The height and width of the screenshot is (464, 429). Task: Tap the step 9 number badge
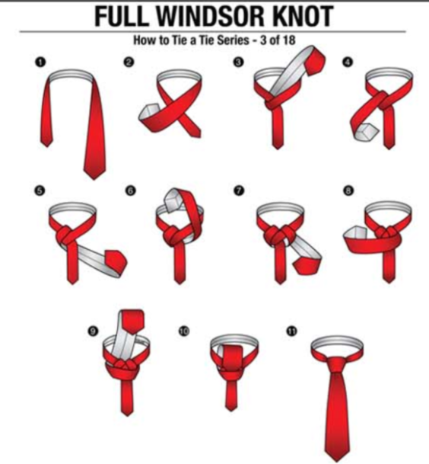pyautogui.click(x=93, y=330)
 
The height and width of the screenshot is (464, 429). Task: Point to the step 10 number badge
pyautogui.click(x=185, y=330)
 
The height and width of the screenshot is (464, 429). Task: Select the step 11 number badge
pyautogui.click(x=292, y=330)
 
